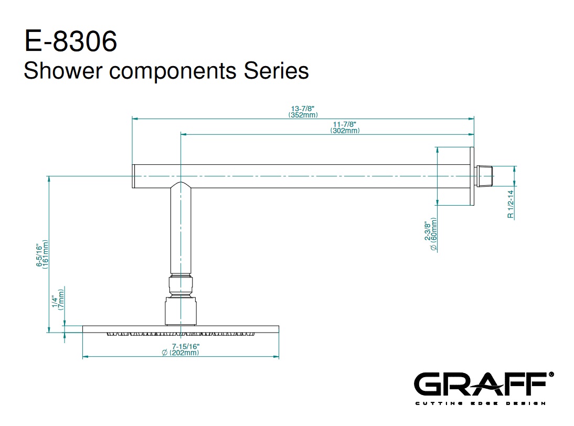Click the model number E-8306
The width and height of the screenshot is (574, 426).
coord(71,41)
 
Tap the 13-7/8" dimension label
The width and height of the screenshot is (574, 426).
coord(303,109)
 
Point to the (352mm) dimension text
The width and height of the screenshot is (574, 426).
coord(303,114)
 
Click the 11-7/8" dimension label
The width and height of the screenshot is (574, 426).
coord(345,124)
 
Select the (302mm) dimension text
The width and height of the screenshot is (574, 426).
coord(345,131)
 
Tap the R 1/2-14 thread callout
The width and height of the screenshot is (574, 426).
coord(510,204)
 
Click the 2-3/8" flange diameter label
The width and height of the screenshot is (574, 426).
coord(428,231)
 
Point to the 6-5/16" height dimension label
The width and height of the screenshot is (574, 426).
coord(39,256)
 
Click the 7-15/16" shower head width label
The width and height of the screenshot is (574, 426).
coord(180,346)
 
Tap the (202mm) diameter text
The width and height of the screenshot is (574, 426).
coord(180,353)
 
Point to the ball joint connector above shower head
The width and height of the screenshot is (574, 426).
coord(180,285)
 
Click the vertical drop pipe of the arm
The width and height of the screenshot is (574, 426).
coord(180,231)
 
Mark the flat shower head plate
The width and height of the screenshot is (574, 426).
coord(180,329)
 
